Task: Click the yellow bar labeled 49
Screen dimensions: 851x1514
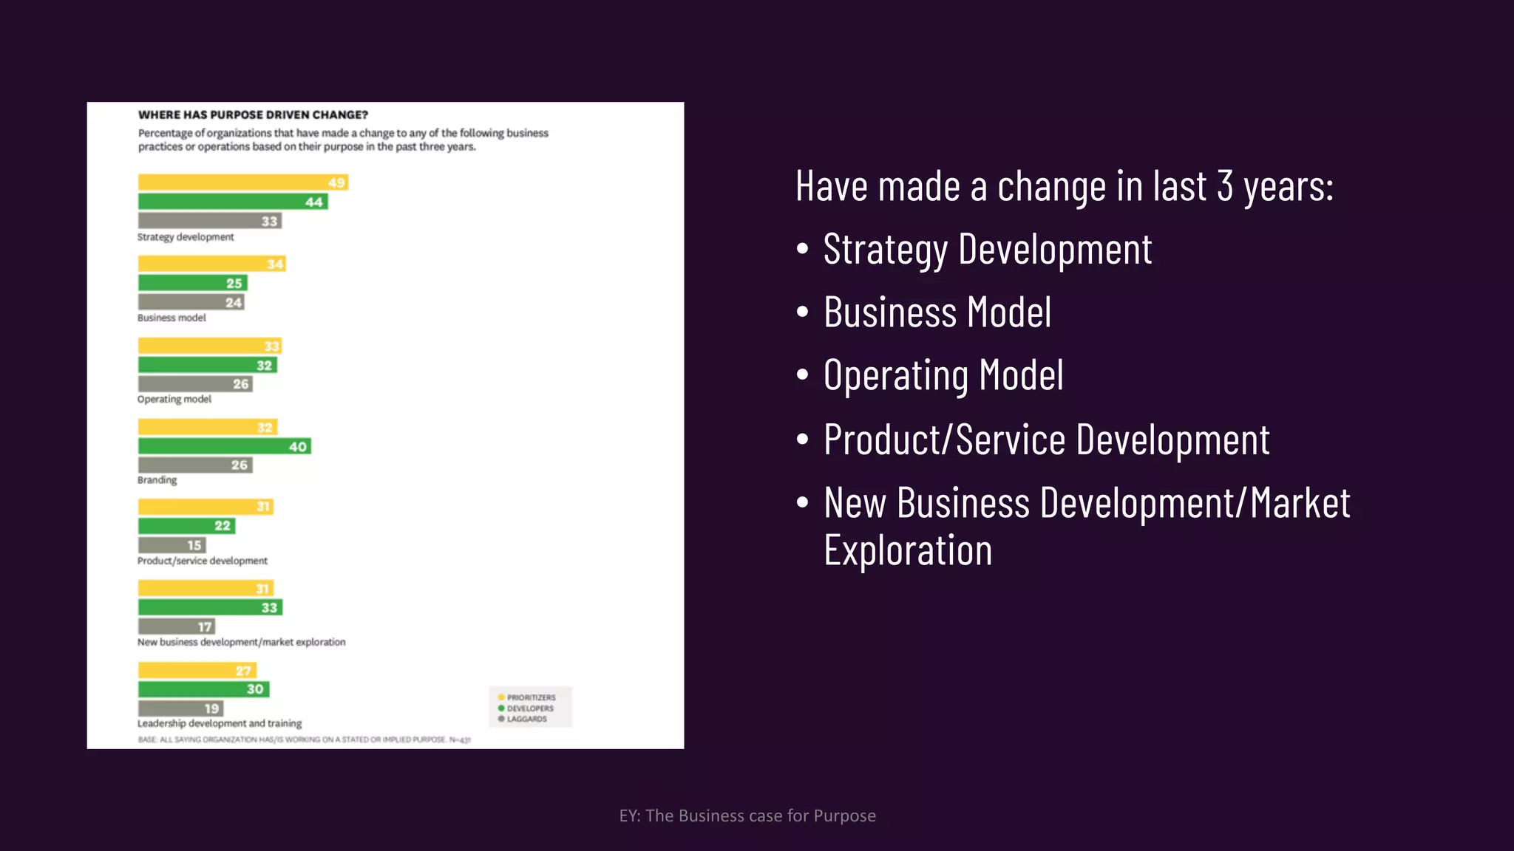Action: (242, 182)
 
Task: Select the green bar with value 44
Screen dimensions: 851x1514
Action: (233, 202)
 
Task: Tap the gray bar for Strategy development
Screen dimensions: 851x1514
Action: (209, 221)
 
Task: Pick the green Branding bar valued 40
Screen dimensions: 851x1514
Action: (224, 446)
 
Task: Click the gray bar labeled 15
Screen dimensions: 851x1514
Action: (172, 545)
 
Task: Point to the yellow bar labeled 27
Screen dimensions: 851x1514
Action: (197, 671)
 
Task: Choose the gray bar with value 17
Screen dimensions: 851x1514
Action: (176, 626)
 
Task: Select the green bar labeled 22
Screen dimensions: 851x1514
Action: (186, 526)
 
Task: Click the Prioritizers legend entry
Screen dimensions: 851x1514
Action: (530, 697)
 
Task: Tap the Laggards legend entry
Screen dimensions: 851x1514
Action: (526, 719)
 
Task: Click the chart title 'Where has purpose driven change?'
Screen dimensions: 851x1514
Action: (253, 115)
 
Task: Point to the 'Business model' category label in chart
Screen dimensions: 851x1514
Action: (172, 318)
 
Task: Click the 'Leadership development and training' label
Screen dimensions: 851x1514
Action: (220, 723)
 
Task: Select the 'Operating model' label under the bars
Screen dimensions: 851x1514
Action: (174, 399)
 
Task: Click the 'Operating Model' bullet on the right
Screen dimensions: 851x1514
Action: (943, 375)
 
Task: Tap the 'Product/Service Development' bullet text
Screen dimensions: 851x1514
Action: (1046, 440)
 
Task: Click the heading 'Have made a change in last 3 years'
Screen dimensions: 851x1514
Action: (1064, 186)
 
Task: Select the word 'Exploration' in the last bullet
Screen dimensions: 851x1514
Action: (908, 551)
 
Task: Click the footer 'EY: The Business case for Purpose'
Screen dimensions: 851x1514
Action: (747, 816)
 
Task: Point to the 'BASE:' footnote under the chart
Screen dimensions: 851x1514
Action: (304, 739)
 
